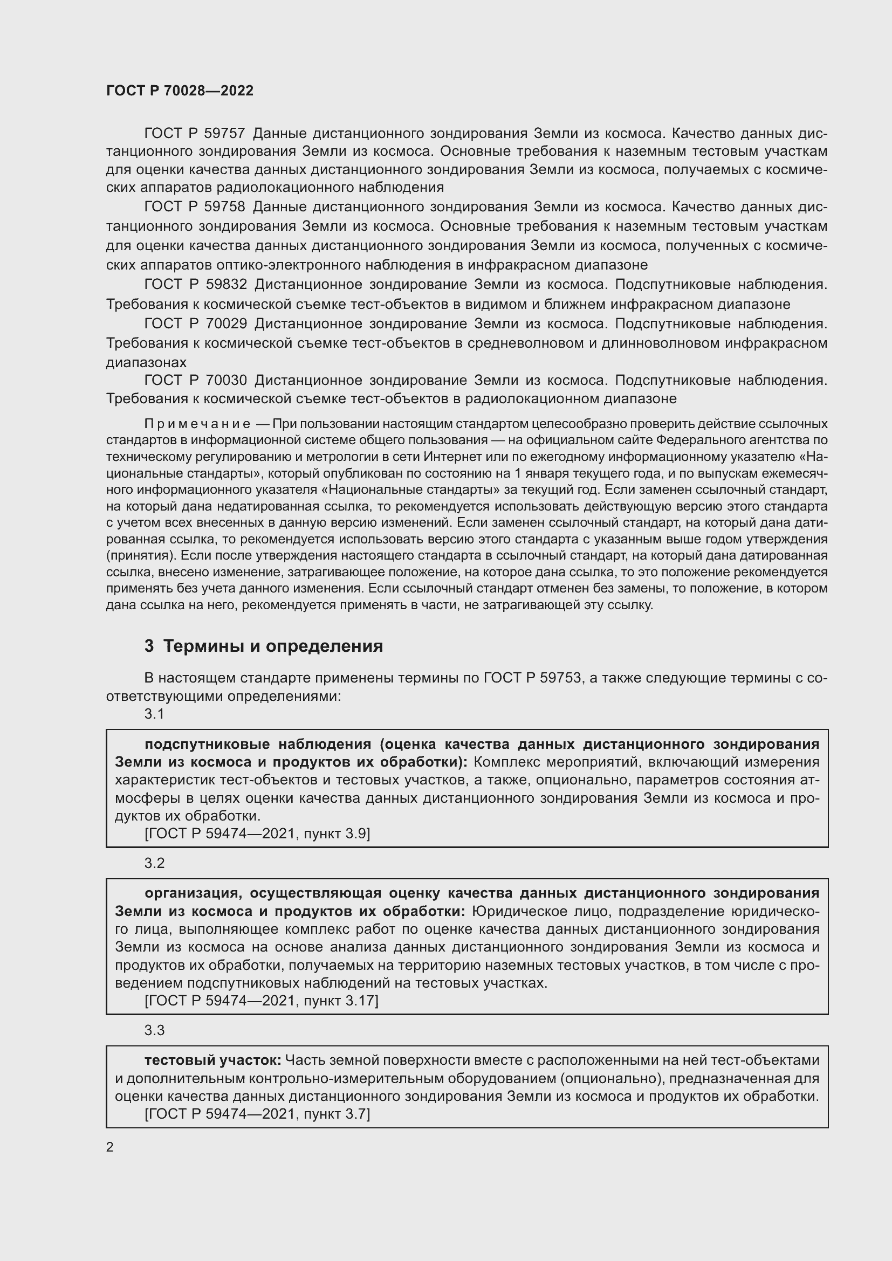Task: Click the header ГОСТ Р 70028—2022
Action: (x=180, y=91)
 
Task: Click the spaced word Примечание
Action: (x=197, y=424)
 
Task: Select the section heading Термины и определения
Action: (x=273, y=646)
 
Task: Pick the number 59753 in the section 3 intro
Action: (x=561, y=678)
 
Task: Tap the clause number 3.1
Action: (x=154, y=713)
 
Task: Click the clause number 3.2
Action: (x=154, y=863)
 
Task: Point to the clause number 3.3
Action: (x=154, y=1030)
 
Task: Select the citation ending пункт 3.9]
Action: (x=257, y=833)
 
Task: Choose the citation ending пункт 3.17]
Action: (x=262, y=1001)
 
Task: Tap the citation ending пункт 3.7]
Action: (x=257, y=1114)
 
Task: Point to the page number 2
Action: (x=110, y=1147)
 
